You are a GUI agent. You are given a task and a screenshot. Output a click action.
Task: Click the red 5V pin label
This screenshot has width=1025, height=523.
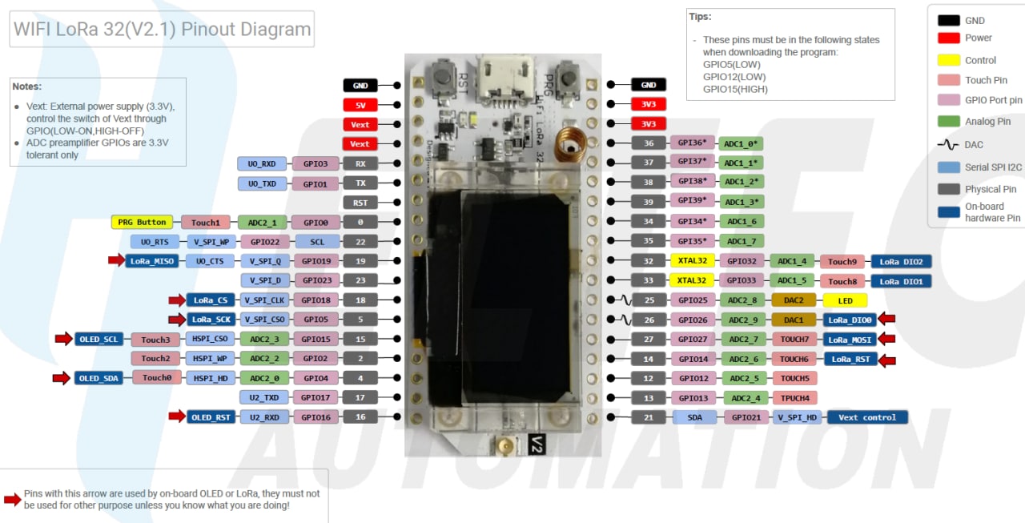(x=360, y=104)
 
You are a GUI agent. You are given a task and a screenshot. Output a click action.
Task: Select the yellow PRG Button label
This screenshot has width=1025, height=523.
(x=142, y=222)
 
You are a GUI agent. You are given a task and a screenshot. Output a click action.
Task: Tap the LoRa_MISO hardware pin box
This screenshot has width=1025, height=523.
(x=152, y=260)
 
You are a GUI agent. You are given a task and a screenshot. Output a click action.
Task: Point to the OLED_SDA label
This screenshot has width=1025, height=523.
(x=99, y=378)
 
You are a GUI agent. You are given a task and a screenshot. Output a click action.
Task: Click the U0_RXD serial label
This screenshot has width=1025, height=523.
(x=261, y=163)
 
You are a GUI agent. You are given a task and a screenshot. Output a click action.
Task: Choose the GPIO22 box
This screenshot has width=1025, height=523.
(x=264, y=241)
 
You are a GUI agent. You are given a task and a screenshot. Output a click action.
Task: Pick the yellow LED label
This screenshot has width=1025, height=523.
(x=845, y=300)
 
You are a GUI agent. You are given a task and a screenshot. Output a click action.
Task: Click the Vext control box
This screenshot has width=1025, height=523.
(x=867, y=417)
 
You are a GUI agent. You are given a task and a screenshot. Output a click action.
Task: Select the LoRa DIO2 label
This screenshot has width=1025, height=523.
(x=900, y=261)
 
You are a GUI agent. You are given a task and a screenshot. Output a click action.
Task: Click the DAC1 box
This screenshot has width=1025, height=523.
(x=794, y=320)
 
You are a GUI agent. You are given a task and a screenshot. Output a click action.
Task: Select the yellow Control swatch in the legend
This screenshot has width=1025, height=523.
(x=949, y=60)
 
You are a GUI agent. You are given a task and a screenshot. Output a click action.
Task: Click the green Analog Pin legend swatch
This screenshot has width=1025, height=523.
(x=949, y=121)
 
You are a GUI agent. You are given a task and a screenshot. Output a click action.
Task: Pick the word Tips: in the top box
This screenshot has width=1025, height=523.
(x=700, y=17)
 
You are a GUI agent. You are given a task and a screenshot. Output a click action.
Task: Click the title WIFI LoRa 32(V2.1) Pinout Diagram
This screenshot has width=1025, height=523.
(x=163, y=30)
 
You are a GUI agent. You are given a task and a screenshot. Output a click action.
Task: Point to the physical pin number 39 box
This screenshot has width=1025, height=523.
(x=649, y=202)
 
